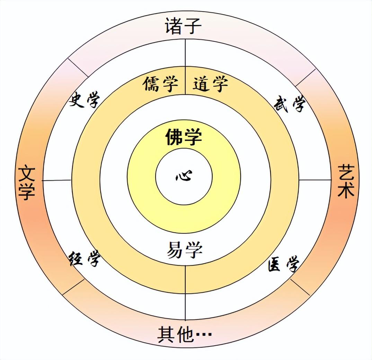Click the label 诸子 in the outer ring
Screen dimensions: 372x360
183,26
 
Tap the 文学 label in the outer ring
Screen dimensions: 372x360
27,183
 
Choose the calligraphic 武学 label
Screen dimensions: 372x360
290,104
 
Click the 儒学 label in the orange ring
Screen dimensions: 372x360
160,84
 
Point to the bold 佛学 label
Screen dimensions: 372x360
184,137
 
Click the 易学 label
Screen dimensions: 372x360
185,250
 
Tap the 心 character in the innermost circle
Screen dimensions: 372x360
184,176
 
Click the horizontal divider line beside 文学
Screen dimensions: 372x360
57,180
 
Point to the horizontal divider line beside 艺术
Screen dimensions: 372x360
315,180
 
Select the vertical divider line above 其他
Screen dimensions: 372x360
185,293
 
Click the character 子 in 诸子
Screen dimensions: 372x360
192,26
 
